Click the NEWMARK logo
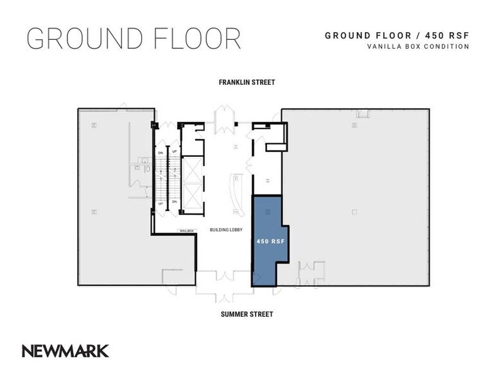click(65, 351)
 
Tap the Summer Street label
click(247, 314)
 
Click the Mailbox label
click(186, 230)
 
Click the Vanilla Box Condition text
click(417, 46)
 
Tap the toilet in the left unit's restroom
click(147, 168)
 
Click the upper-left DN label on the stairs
click(160, 153)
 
